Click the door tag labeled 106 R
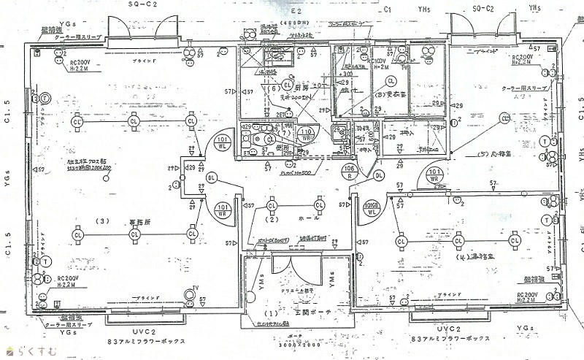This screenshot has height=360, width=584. click(348, 173)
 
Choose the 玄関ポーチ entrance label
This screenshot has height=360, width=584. click(312, 313)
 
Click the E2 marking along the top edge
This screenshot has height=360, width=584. click(296, 12)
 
